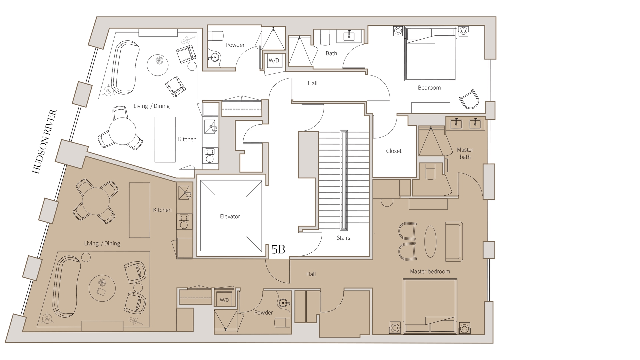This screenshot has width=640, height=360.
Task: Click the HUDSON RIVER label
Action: [45, 142]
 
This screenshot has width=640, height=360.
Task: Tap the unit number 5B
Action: [278, 249]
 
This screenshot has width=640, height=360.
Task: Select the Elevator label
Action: [230, 217]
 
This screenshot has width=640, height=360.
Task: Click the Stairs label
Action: [343, 238]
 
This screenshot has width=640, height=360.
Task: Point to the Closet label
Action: [394, 151]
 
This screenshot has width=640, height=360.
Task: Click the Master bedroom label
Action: [430, 272]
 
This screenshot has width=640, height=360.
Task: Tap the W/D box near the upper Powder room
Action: [274, 60]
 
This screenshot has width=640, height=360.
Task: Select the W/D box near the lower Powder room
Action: [224, 300]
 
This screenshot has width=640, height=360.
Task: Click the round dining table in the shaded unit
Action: [96, 201]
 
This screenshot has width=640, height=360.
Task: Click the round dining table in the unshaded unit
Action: [122, 131]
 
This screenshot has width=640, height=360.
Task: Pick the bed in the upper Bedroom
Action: [430, 55]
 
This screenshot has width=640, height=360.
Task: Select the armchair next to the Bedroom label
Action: [469, 99]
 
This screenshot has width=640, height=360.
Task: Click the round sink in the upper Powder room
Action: [214, 58]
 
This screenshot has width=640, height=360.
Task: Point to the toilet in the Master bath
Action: [430, 172]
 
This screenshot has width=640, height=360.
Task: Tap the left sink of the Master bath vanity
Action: [456, 124]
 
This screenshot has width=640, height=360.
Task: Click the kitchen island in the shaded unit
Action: [139, 210]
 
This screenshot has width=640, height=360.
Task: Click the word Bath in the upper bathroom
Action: [331, 53]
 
